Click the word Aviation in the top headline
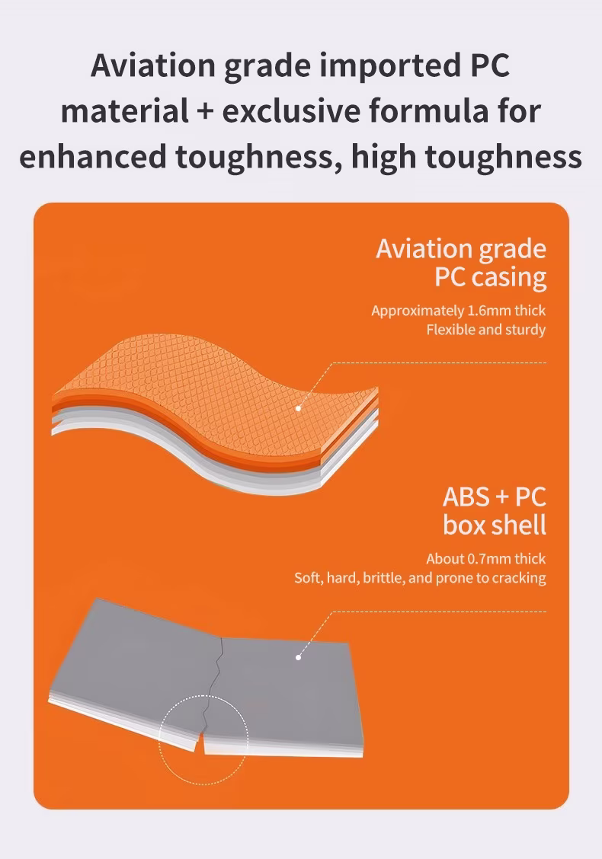coord(153,65)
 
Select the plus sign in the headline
coord(205,111)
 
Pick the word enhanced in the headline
coord(93,156)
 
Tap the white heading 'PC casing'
coord(491,276)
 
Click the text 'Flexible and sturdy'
coord(486,330)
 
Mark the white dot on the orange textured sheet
coord(298,408)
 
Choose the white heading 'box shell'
coord(495,525)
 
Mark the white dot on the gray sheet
coord(298,657)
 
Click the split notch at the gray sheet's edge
coord(200,741)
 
